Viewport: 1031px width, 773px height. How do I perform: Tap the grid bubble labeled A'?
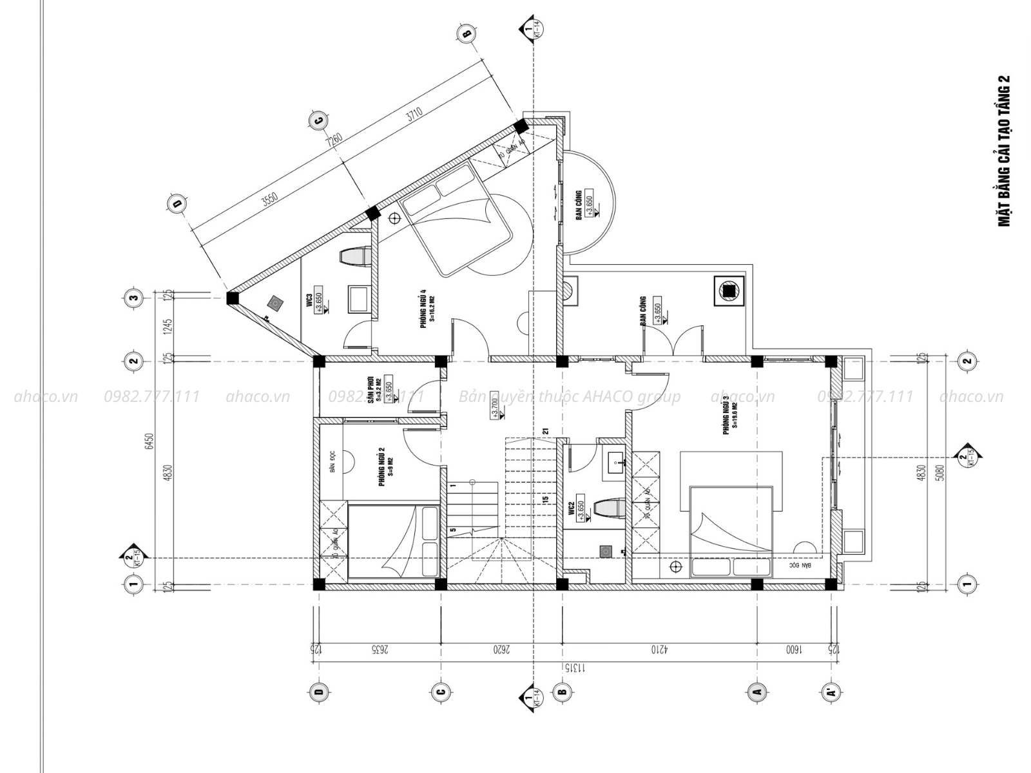pos(831,692)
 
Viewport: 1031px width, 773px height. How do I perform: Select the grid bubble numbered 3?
pos(133,298)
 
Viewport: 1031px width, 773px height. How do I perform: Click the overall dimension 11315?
pos(570,668)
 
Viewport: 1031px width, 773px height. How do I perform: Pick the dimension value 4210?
pos(657,651)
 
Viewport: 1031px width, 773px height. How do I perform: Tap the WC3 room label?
pos(310,300)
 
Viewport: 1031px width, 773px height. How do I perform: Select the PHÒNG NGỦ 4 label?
pos(424,308)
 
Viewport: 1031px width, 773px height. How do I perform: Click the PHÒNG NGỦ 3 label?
pos(727,414)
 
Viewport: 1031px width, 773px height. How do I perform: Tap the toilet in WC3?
pos(354,256)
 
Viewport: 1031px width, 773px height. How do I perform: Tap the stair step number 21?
pos(545,432)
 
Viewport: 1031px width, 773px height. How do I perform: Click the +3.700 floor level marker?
pos(494,405)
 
